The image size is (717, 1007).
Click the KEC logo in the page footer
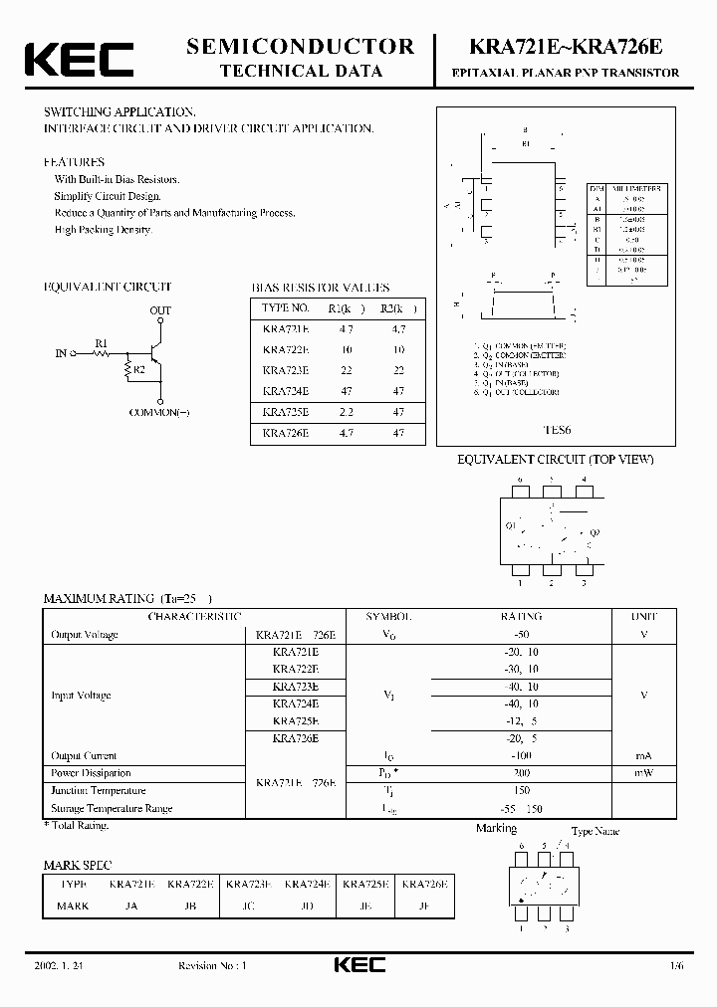tap(358, 964)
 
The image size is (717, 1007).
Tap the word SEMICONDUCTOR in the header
tap(301, 46)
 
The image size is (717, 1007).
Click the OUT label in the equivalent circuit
tap(160, 310)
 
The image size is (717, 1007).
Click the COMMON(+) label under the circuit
tap(159, 411)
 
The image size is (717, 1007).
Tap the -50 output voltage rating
tap(522, 634)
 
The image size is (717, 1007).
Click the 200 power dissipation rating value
tap(522, 772)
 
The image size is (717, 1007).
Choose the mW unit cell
tap(644, 772)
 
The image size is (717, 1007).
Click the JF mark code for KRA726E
tap(424, 906)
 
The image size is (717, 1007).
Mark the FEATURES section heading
tap(74, 161)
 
